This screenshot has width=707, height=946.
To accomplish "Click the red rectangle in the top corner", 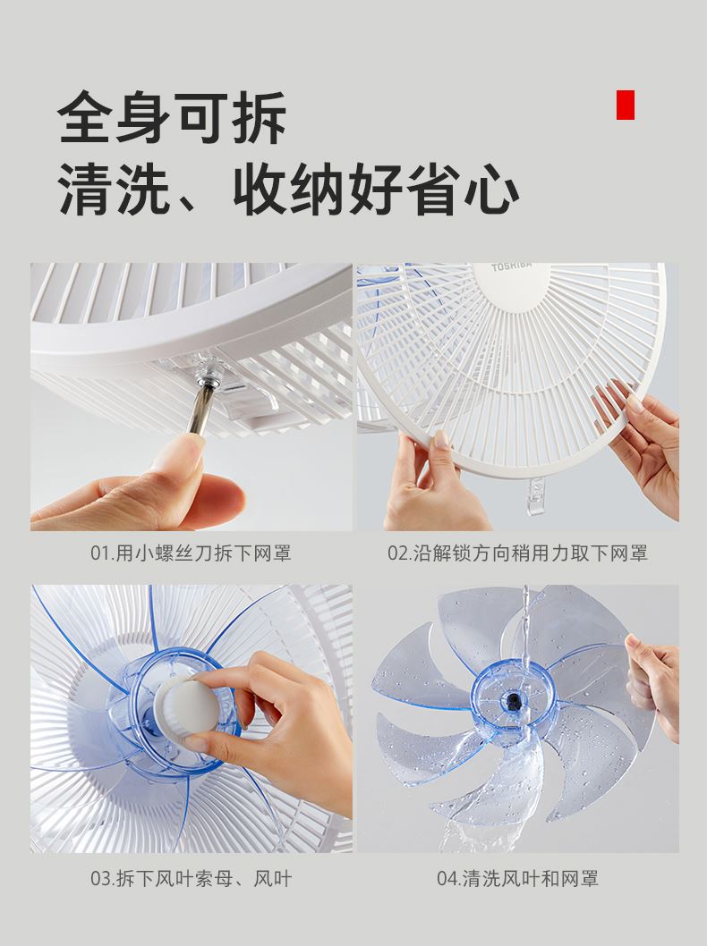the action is (625, 105).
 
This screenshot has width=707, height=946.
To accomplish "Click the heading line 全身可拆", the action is (172, 117).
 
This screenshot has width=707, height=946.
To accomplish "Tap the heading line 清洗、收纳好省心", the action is (288, 189).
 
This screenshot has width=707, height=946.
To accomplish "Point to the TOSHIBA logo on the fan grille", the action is (511, 266).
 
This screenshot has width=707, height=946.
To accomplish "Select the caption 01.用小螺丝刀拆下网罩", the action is (191, 553).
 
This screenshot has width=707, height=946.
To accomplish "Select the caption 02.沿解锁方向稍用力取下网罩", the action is (517, 553).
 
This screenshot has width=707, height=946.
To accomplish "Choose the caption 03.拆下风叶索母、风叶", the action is (191, 878).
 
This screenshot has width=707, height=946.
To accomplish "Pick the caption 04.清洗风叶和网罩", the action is (517, 878).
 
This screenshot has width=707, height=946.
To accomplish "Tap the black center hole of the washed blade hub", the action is (514, 701).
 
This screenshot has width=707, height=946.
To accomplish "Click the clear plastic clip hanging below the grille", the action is (536, 496).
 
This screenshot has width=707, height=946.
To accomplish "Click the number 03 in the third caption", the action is (99, 879).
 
